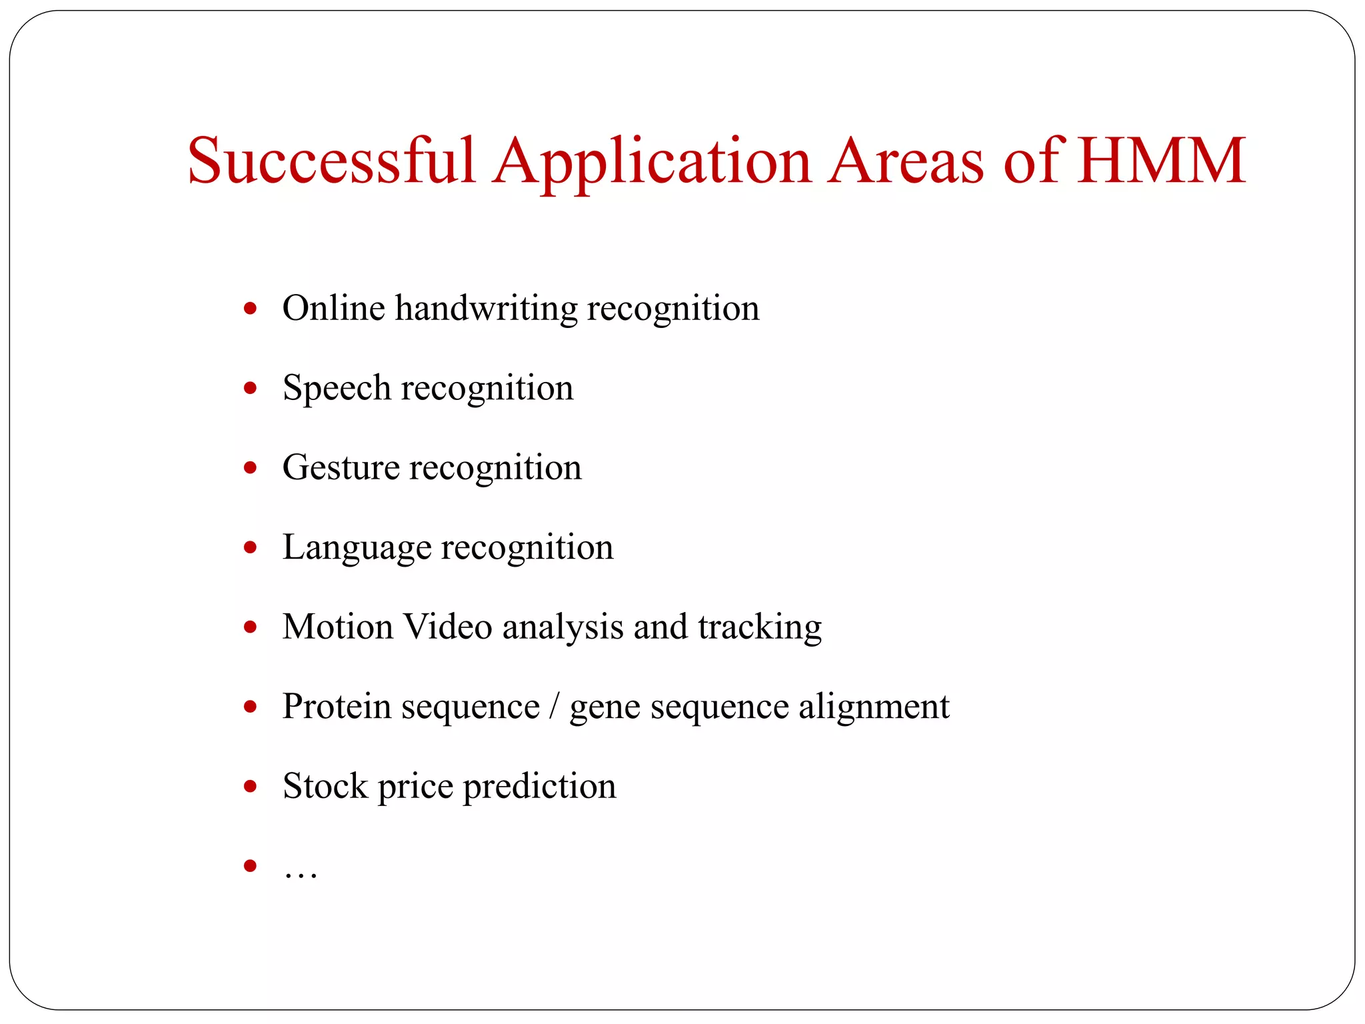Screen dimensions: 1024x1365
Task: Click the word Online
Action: (x=334, y=308)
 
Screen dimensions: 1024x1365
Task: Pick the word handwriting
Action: (x=486, y=309)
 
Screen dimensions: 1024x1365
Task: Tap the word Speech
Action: (x=337, y=389)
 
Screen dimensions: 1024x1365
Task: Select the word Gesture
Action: (x=341, y=468)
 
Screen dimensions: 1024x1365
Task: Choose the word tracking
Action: (x=760, y=628)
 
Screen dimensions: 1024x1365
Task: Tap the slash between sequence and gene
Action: (x=554, y=707)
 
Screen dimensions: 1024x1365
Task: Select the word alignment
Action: (x=874, y=707)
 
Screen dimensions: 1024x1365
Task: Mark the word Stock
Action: (x=325, y=786)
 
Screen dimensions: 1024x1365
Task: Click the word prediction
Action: (x=539, y=787)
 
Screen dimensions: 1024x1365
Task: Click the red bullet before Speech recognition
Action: (x=251, y=389)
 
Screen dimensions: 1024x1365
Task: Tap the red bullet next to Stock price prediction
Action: (x=251, y=787)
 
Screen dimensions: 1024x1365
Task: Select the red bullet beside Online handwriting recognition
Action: (x=251, y=309)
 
